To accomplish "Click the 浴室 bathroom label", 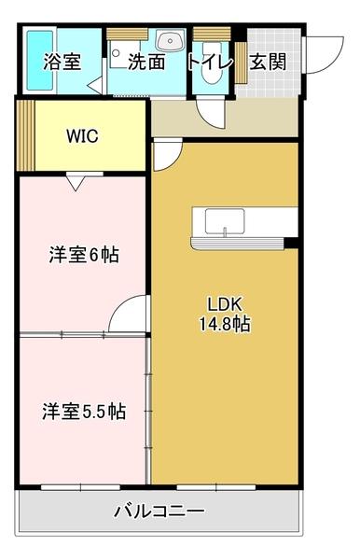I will [62, 63].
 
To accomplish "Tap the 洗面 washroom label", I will [146, 63].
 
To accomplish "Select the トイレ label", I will [210, 63].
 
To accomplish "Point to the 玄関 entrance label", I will [268, 63].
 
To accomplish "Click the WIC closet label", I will [83, 134].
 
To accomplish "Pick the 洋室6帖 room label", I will [83, 254].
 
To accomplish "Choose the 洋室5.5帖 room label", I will [83, 411].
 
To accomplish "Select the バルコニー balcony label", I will [159, 511].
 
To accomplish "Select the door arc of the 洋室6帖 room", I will [129, 313].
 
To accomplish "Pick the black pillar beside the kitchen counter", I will [291, 244].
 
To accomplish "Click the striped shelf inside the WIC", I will [26, 134].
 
